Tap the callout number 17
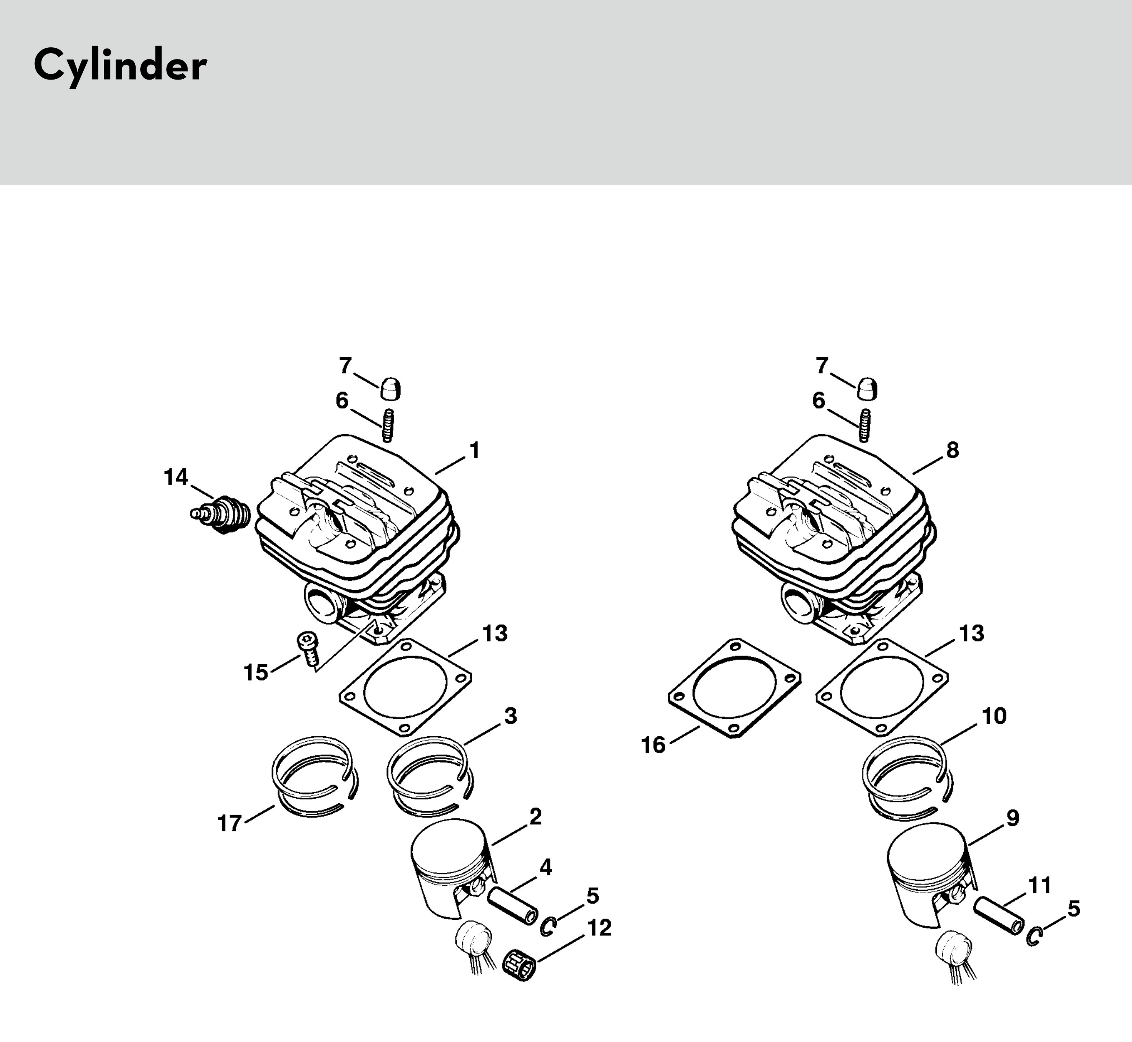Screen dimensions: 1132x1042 [229, 824]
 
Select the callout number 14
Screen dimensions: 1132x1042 [176, 477]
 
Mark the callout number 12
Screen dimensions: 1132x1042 [599, 928]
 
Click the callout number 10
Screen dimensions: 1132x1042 [994, 716]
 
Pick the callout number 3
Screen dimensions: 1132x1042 [510, 716]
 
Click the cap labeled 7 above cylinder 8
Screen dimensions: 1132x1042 [867, 389]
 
